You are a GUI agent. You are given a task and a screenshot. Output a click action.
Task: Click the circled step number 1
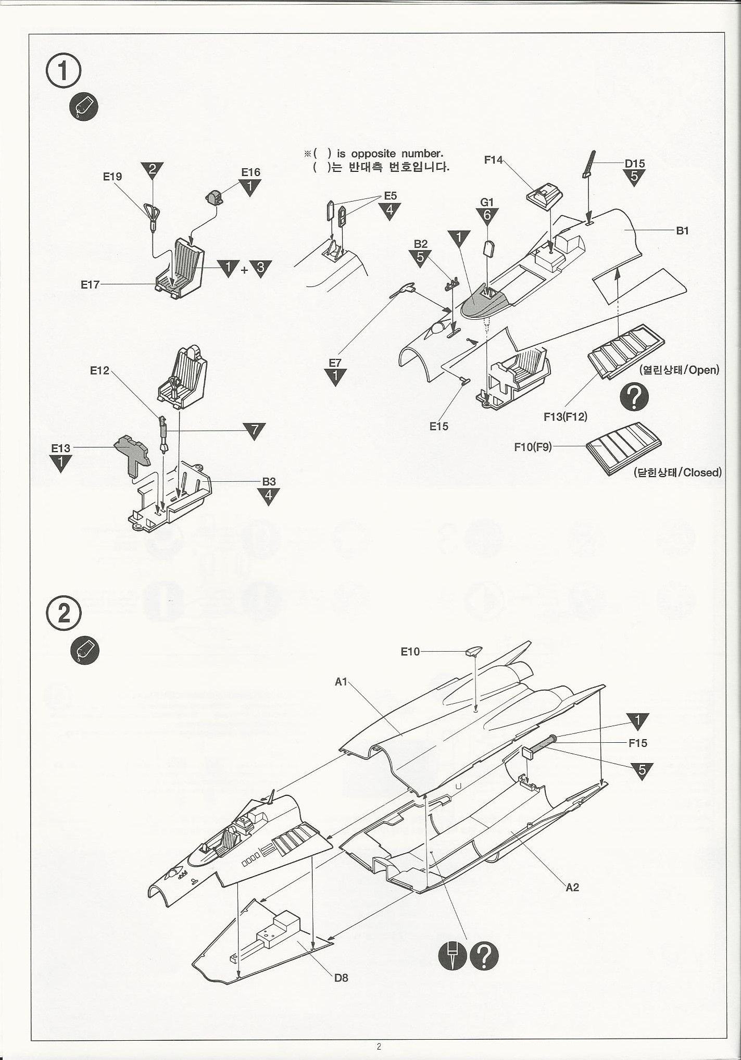click(x=64, y=71)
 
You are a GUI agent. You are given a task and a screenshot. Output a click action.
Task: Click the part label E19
click(x=112, y=177)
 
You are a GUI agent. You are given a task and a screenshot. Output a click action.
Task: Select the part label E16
click(x=250, y=172)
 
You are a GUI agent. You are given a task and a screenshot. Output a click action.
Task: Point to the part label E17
click(x=90, y=284)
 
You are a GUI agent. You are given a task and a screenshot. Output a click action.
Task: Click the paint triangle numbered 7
click(x=254, y=430)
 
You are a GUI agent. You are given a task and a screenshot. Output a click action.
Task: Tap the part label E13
click(x=60, y=448)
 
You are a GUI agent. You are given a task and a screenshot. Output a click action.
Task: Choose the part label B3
click(x=269, y=481)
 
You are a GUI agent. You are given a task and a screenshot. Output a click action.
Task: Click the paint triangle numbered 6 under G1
click(x=487, y=215)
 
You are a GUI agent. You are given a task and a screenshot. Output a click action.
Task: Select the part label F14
click(x=494, y=160)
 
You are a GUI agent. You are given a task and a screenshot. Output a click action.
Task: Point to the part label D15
click(x=635, y=164)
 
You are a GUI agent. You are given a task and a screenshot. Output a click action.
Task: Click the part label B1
click(x=682, y=231)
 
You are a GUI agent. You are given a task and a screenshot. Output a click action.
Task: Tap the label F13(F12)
click(x=565, y=417)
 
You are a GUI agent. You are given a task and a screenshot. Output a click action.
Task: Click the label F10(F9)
click(x=533, y=447)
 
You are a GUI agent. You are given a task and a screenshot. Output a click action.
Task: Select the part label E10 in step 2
click(x=410, y=652)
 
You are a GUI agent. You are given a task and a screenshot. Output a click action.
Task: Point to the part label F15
click(x=637, y=743)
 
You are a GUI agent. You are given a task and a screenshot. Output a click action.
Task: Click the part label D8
click(x=341, y=978)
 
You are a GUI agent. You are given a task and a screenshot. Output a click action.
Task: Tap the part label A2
click(x=572, y=887)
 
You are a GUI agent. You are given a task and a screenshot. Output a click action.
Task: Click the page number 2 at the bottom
click(x=379, y=1046)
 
